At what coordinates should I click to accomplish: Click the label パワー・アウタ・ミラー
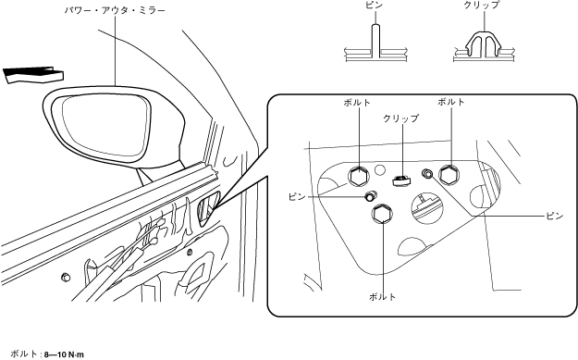click(115, 10)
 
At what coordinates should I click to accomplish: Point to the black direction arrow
click(33, 75)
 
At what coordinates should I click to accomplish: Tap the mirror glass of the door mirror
click(106, 125)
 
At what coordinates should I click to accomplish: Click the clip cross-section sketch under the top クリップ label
click(484, 45)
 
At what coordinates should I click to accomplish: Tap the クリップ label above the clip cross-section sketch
click(481, 5)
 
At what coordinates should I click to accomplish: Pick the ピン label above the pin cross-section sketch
click(374, 5)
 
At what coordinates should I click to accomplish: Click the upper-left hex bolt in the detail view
click(358, 177)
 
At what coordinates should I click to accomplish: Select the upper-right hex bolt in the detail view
click(449, 174)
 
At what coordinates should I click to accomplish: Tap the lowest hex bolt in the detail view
click(383, 214)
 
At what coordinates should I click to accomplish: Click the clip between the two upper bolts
click(400, 180)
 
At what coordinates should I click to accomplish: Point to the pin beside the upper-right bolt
click(427, 173)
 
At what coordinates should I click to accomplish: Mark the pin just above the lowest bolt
click(370, 196)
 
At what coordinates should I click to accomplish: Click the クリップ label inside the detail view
click(401, 118)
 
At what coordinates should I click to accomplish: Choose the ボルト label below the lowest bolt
click(382, 296)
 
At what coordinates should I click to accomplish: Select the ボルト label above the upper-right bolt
click(450, 102)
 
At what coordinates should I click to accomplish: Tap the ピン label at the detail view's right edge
click(554, 217)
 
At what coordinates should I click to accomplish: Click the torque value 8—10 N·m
click(64, 354)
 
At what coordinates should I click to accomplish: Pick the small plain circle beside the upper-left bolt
click(379, 170)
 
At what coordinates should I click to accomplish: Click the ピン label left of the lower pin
click(297, 197)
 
